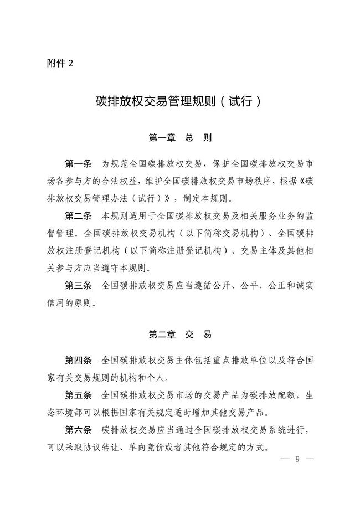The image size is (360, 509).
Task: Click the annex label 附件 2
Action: coord(61,63)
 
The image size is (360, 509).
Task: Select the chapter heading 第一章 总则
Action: coord(180,137)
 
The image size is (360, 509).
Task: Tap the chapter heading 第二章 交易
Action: coord(180,335)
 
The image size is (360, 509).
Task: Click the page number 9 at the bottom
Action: coord(297,459)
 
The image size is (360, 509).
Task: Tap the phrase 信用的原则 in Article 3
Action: coord(72,304)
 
